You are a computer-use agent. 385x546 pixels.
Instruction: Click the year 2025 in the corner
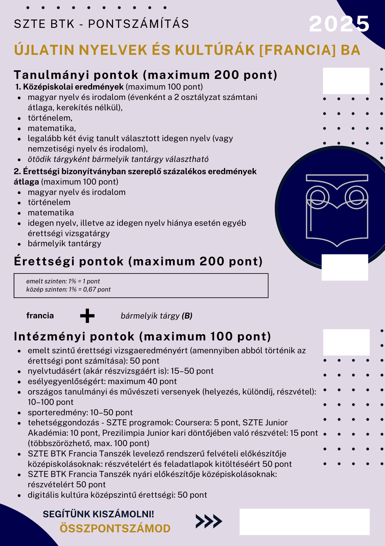[339, 24]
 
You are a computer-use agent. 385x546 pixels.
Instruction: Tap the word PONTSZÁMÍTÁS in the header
[138, 24]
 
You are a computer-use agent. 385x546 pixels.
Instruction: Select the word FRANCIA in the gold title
[297, 50]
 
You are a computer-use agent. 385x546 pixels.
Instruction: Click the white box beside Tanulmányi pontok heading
[346, 81]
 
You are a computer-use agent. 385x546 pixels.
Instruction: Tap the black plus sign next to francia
[87, 316]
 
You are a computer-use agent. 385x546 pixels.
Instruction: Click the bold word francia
[40, 316]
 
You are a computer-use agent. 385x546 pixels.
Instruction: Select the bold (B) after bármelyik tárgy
[187, 316]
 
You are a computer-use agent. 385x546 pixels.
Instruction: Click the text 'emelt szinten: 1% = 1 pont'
[63, 281]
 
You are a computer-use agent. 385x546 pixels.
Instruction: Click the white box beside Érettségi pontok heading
[345, 267]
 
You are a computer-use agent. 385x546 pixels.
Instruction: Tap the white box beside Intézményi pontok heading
[346, 342]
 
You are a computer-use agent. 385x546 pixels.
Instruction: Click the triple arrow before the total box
[209, 521]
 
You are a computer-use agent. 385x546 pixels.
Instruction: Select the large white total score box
[304, 522]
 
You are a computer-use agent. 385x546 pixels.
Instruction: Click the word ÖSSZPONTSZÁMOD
[115, 529]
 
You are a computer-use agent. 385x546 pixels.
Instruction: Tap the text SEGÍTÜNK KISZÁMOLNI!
[98, 514]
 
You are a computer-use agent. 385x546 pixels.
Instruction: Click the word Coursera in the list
[193, 423]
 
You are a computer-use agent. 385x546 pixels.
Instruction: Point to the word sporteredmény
[57, 412]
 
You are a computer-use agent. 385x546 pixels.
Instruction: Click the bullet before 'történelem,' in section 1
[19, 118]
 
